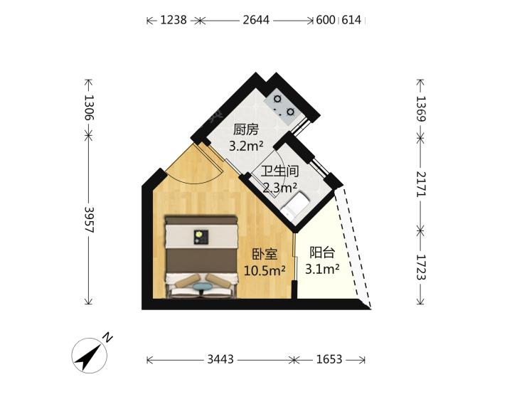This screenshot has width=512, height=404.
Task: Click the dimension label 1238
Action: point(174,20)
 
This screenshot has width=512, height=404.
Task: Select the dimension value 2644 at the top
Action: point(256,20)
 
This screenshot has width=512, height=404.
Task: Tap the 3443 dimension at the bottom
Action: point(220,360)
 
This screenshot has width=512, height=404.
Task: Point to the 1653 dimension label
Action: point(329,360)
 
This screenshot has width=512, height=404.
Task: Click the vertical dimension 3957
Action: point(89,220)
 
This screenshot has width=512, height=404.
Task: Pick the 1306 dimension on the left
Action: point(89,107)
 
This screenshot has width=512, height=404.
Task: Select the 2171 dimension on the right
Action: point(421,184)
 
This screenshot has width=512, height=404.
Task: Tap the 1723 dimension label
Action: point(421,268)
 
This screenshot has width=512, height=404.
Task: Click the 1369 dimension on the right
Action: point(421,109)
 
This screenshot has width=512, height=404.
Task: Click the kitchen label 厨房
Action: point(246,130)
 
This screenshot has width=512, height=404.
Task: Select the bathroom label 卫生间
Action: point(280,171)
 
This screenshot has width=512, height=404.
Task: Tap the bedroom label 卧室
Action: point(265,254)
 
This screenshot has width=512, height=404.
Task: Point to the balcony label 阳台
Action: point(322,253)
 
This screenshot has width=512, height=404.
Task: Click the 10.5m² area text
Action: point(265,270)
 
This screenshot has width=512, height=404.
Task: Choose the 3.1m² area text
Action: point(322,269)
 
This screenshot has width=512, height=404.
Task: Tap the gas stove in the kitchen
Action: point(284,105)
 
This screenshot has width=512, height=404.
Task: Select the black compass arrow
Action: point(87,356)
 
